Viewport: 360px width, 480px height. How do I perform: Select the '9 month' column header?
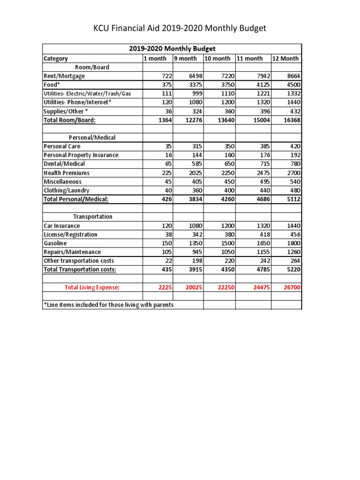pyautogui.click(x=185, y=59)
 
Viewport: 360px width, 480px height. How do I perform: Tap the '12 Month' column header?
pyautogui.click(x=285, y=59)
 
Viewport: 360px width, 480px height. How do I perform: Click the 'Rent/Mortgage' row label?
pyautogui.click(x=65, y=76)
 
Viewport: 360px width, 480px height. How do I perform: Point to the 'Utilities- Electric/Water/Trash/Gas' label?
pyautogui.click(x=87, y=94)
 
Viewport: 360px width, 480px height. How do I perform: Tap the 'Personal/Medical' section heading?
pyautogui.click(x=92, y=138)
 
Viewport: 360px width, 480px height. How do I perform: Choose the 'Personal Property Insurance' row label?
pyautogui.click(x=81, y=155)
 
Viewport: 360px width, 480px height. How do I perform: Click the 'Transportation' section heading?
pyautogui.click(x=92, y=217)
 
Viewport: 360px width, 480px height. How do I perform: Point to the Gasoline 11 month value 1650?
pyautogui.click(x=262, y=243)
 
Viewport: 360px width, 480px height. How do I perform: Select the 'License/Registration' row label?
pyautogui.click(x=70, y=234)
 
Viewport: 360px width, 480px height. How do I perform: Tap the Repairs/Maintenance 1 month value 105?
pyautogui.click(x=167, y=252)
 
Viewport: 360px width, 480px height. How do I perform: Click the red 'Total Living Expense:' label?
pyautogui.click(x=92, y=287)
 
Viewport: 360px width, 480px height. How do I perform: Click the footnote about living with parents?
pyautogui.click(x=108, y=305)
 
